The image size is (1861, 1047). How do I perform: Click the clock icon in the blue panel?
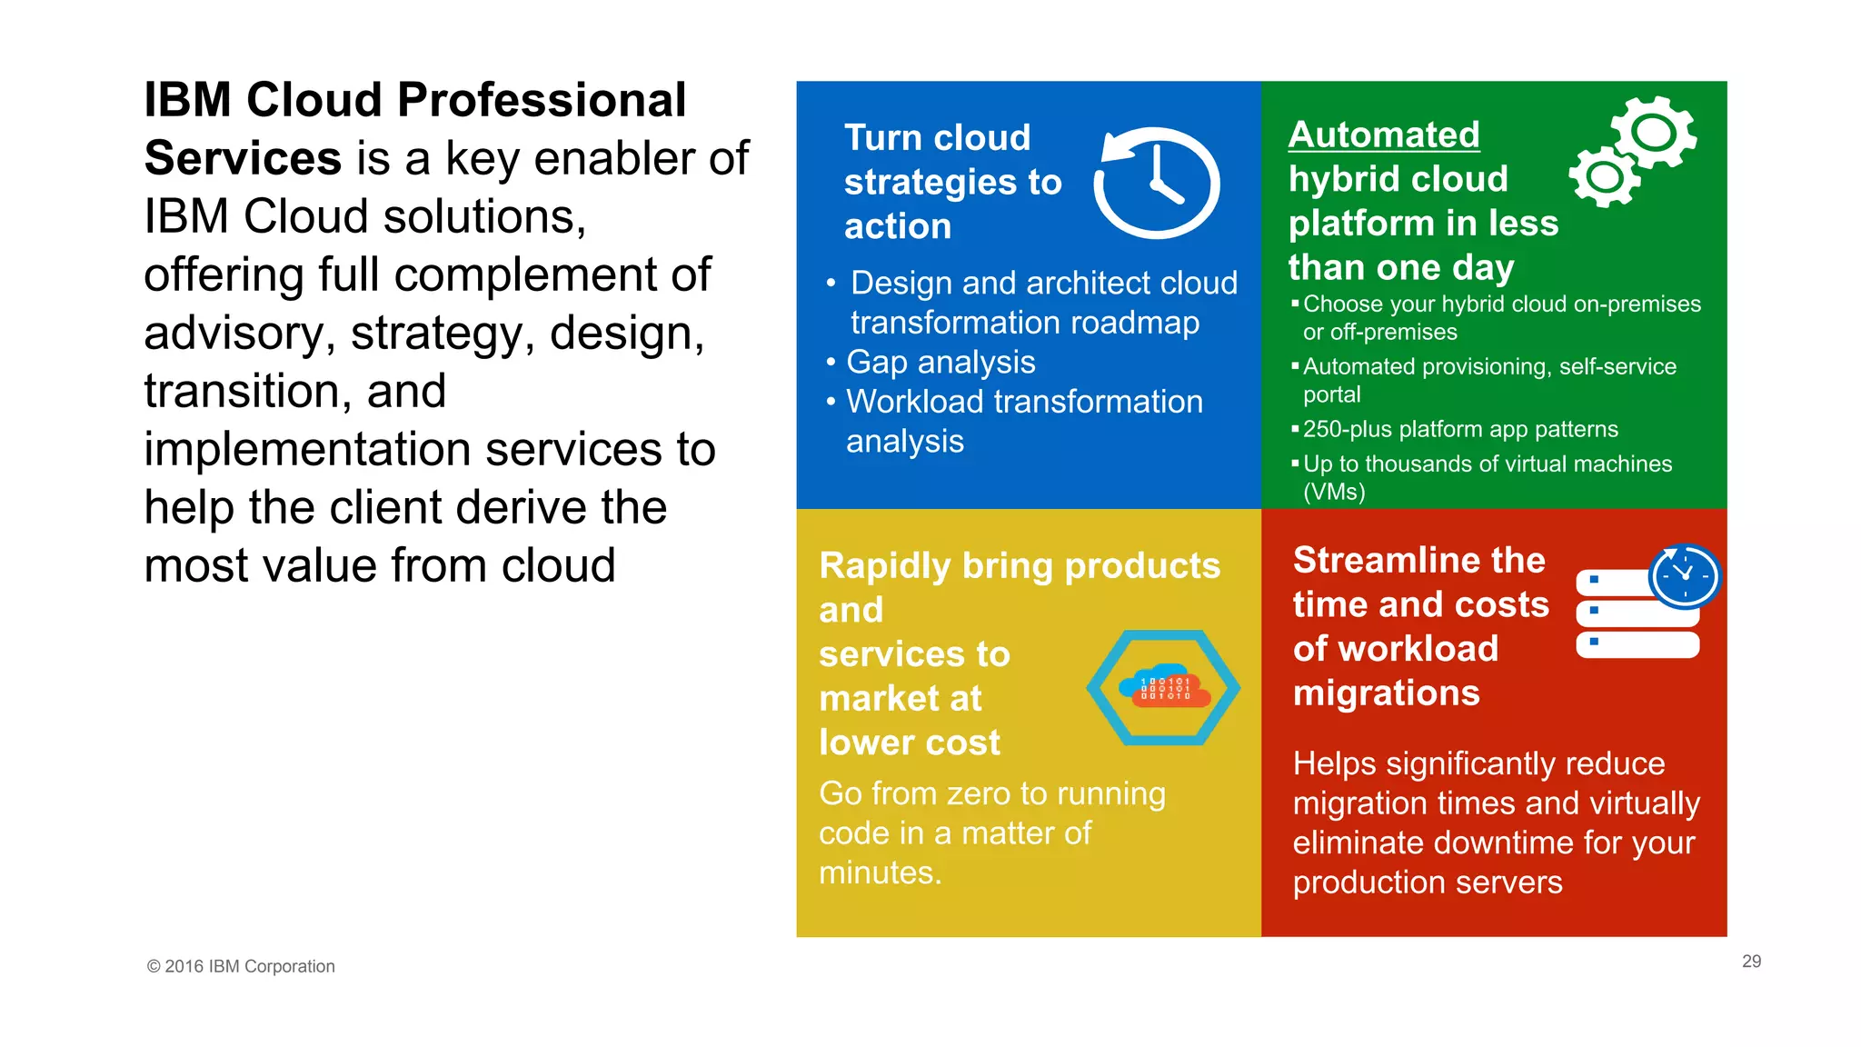(x=1157, y=183)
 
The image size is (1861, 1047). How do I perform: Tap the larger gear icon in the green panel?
(x=1654, y=133)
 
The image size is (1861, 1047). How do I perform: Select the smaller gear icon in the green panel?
(x=1604, y=175)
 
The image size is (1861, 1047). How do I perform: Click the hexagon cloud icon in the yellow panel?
(x=1163, y=688)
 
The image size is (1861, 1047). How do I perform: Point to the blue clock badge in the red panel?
(x=1685, y=576)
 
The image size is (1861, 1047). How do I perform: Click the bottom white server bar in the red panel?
(x=1637, y=644)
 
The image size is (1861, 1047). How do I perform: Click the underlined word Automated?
(x=1384, y=135)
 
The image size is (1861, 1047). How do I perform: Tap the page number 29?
(x=1751, y=962)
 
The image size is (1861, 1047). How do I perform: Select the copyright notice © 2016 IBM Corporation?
(x=241, y=966)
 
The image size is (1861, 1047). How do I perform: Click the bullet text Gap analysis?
(x=940, y=362)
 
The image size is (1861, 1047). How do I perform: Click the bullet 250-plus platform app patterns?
(x=1460, y=429)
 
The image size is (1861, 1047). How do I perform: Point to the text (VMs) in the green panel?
(x=1334, y=492)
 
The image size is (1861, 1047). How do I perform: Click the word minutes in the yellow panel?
(x=878, y=872)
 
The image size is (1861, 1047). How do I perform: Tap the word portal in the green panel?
(x=1331, y=394)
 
